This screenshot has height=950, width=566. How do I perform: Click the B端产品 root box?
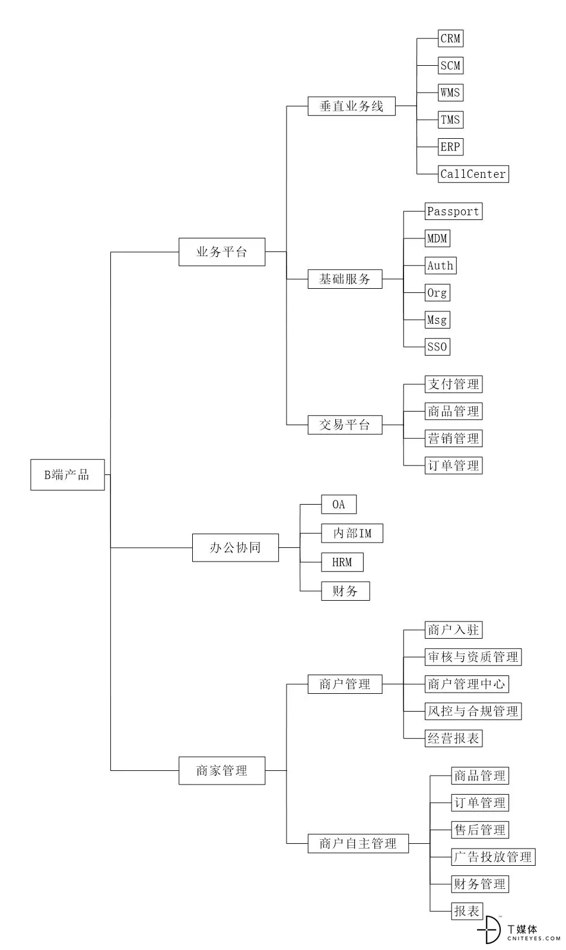pyautogui.click(x=68, y=474)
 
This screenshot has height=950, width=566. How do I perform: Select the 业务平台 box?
pyautogui.click(x=222, y=252)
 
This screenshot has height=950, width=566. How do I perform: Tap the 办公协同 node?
pyautogui.click(x=236, y=547)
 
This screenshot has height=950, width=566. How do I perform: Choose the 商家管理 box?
pyautogui.click(x=222, y=770)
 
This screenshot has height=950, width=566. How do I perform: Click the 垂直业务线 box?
pyautogui.click(x=351, y=106)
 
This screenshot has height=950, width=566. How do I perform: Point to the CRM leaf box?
pyautogui.click(x=450, y=39)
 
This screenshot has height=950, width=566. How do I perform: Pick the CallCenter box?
pyautogui.click(x=473, y=174)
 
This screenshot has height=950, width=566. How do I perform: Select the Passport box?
pyautogui.click(x=453, y=211)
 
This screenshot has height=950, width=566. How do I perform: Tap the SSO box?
pyautogui.click(x=437, y=346)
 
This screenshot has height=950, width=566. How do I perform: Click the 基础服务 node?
pyautogui.click(x=345, y=279)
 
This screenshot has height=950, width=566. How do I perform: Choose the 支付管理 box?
pyautogui.click(x=453, y=384)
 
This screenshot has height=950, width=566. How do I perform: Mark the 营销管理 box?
pyautogui.click(x=453, y=438)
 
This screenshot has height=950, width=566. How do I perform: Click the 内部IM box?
pyautogui.click(x=352, y=533)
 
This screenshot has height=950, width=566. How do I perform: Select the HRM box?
pyautogui.click(x=342, y=562)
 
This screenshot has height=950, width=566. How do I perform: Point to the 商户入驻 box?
pyautogui.click(x=453, y=630)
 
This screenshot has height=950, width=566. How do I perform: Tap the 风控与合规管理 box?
pyautogui.click(x=473, y=711)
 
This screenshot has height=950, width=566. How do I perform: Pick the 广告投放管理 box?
pyautogui.click(x=493, y=857)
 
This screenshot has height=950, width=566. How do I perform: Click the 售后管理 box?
pyautogui.click(x=480, y=830)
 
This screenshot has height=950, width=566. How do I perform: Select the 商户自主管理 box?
pyautogui.click(x=358, y=843)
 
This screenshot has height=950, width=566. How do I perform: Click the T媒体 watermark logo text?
pyautogui.click(x=523, y=929)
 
